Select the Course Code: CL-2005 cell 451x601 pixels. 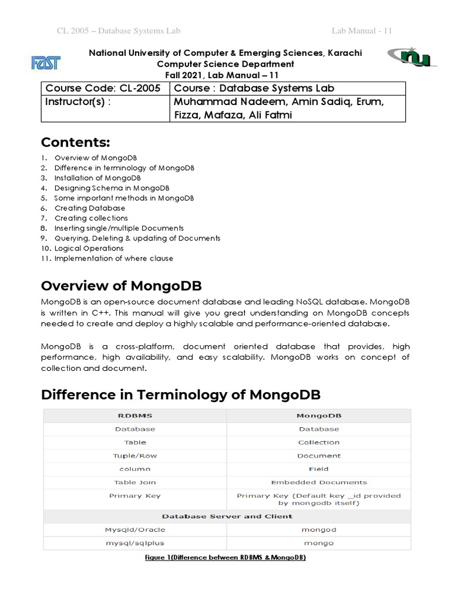(x=105, y=88)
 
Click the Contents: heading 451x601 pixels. (x=75, y=143)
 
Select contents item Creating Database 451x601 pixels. (x=89, y=208)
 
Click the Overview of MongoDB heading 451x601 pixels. (x=121, y=286)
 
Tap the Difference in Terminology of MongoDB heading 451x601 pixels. (x=181, y=394)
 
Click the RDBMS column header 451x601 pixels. (x=134, y=416)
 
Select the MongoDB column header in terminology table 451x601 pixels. (x=319, y=416)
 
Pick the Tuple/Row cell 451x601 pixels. (x=134, y=456)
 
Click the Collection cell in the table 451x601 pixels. (x=319, y=443)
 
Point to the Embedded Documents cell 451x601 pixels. (x=319, y=482)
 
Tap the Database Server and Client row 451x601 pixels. (x=227, y=516)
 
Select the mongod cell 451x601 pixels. (x=319, y=530)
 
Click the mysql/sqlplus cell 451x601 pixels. (x=134, y=543)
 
